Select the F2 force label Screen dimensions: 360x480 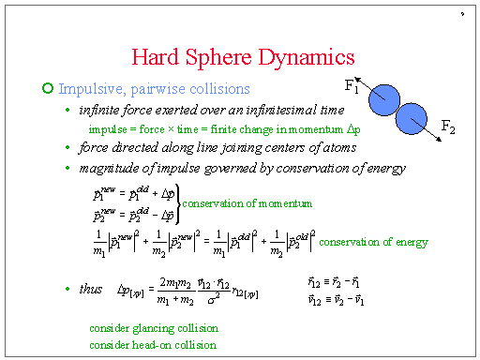[x=449, y=127]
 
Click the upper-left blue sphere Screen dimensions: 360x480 [x=383, y=97]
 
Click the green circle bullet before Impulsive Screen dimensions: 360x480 [x=49, y=89]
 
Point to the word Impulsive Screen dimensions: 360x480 [x=89, y=89]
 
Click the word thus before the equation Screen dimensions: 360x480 [x=90, y=290]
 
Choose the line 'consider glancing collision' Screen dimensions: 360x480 [x=154, y=329]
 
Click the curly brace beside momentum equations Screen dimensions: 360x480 [x=174, y=203]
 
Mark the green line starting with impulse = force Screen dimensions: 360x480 [x=223, y=128]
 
